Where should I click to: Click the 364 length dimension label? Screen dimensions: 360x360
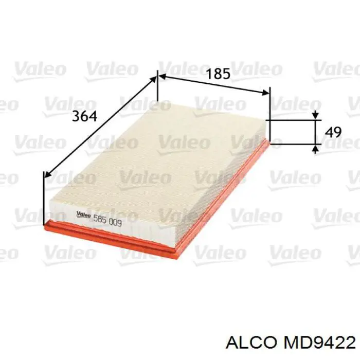(85, 116)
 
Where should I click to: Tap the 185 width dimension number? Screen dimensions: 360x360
(218, 74)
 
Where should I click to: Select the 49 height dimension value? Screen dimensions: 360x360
(333, 132)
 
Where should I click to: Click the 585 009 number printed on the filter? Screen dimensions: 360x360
(107, 221)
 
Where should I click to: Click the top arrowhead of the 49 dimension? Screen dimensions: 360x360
(315, 117)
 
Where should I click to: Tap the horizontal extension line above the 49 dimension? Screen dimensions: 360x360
(293, 120)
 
